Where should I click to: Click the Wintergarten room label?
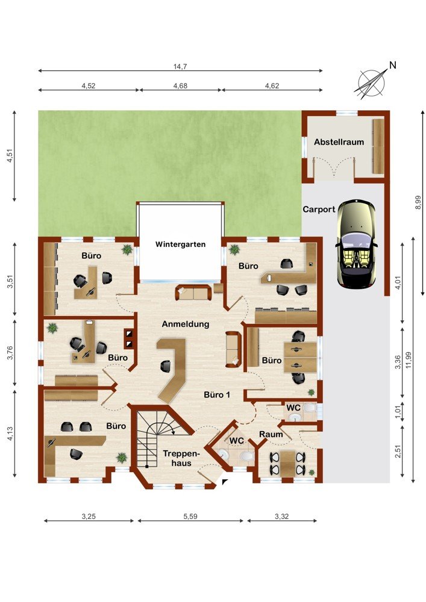tap(180, 244)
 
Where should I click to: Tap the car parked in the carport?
tap(356, 244)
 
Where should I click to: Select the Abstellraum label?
tap(339, 142)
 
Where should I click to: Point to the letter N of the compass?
tap(392, 66)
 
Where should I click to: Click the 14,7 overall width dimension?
tap(180, 66)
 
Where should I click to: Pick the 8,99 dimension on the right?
tap(418, 202)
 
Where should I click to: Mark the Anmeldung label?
tap(186, 324)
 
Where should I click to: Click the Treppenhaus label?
tap(181, 458)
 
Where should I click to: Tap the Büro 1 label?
tap(217, 395)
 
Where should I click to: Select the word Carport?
tap(319, 209)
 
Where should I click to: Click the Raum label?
tap(271, 435)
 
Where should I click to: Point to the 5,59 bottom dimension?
tap(190, 517)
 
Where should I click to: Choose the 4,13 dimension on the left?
tap(10, 433)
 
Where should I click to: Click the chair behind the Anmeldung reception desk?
tap(166, 366)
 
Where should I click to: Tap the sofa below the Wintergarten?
tap(193, 293)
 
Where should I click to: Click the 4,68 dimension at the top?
tap(180, 85)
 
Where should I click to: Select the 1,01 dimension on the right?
tap(398, 412)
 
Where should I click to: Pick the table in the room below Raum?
tap(287, 464)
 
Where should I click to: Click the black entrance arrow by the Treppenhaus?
tap(225, 482)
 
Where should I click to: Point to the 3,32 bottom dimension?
tap(281, 517)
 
